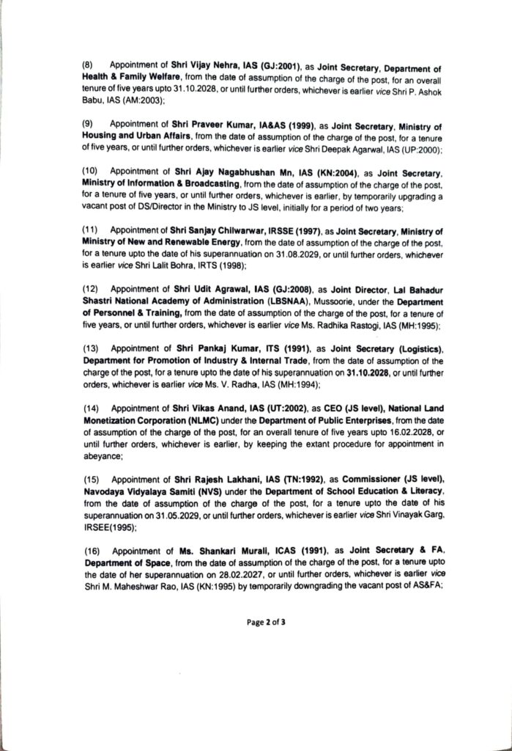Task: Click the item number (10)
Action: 89,171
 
